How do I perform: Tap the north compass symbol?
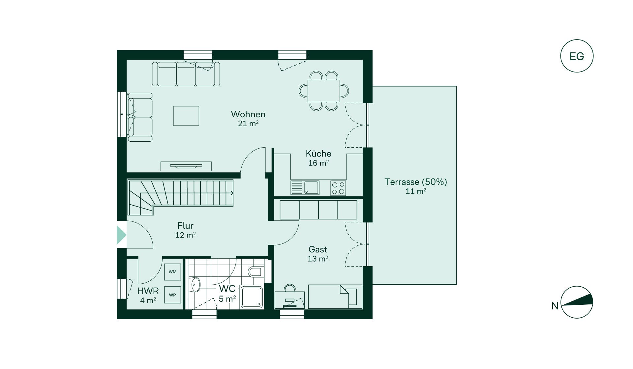point(577,302)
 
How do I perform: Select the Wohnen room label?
point(248,114)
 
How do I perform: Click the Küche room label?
point(318,154)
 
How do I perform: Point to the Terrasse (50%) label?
point(416,182)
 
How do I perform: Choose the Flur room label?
point(185,226)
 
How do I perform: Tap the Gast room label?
point(318,249)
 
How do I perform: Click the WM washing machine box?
point(172,272)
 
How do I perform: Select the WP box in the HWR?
point(172,295)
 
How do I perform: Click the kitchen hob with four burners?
point(338,188)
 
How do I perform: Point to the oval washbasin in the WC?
point(196,284)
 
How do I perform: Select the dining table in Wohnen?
point(324,91)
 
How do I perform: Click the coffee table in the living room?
point(186,116)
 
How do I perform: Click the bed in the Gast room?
point(335,297)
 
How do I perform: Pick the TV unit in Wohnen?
point(186,166)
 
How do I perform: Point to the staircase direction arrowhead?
point(232,193)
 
